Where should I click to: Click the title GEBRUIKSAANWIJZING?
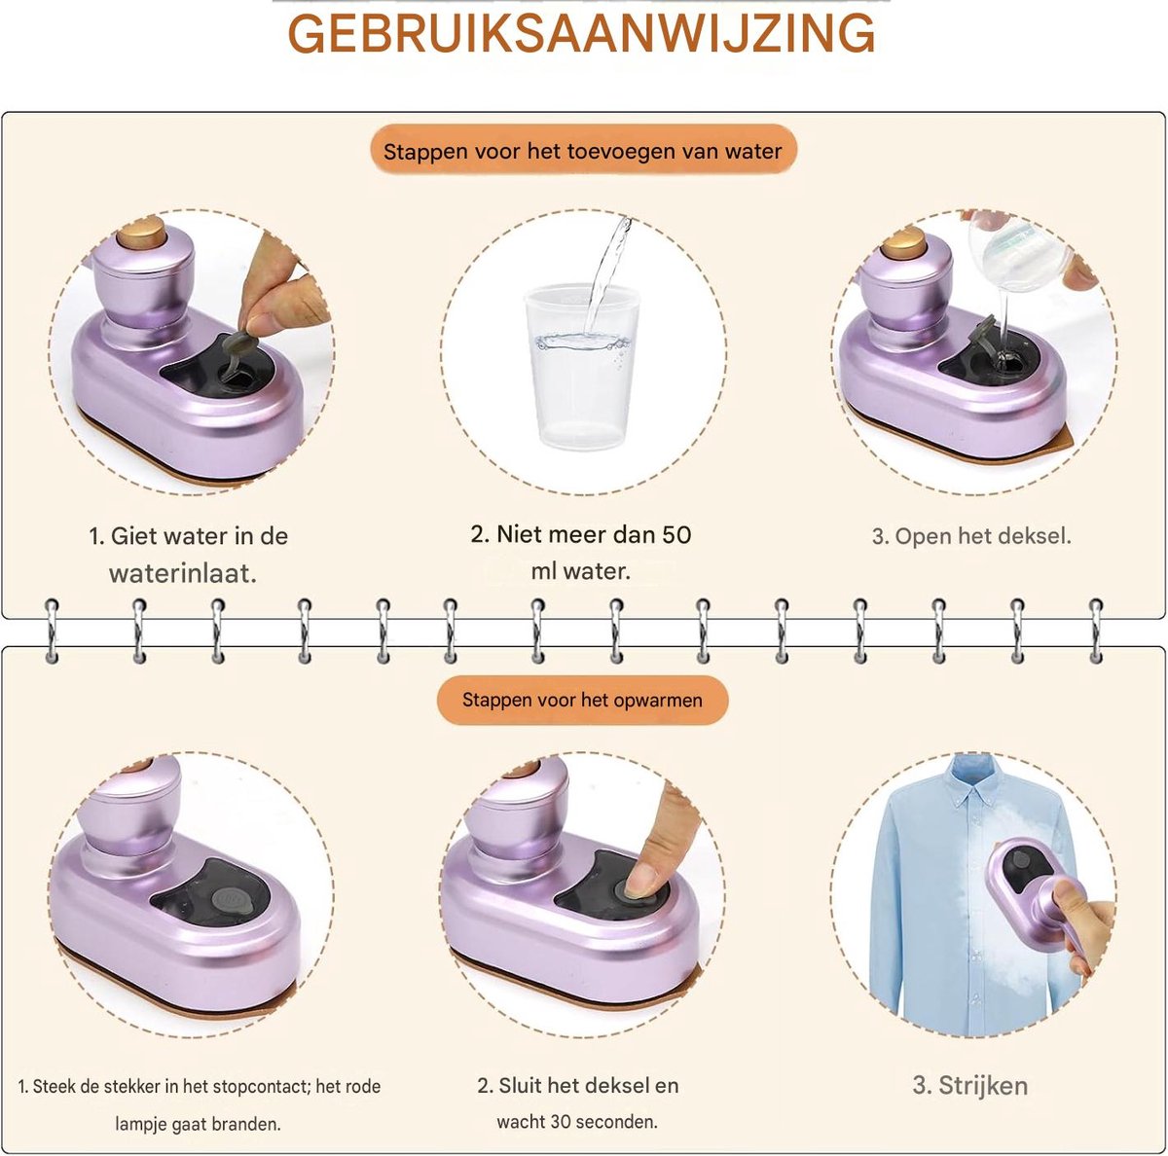(581, 34)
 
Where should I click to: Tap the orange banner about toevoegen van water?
(583, 150)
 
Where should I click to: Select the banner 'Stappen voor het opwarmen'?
(582, 701)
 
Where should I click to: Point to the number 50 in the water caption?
(676, 534)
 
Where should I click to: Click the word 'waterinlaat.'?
(183, 573)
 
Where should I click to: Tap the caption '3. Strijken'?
(969, 1085)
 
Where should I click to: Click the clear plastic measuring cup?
(581, 367)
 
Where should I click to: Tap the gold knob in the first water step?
(141, 233)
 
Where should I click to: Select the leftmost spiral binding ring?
(53, 631)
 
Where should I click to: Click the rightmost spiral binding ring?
(1096, 631)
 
